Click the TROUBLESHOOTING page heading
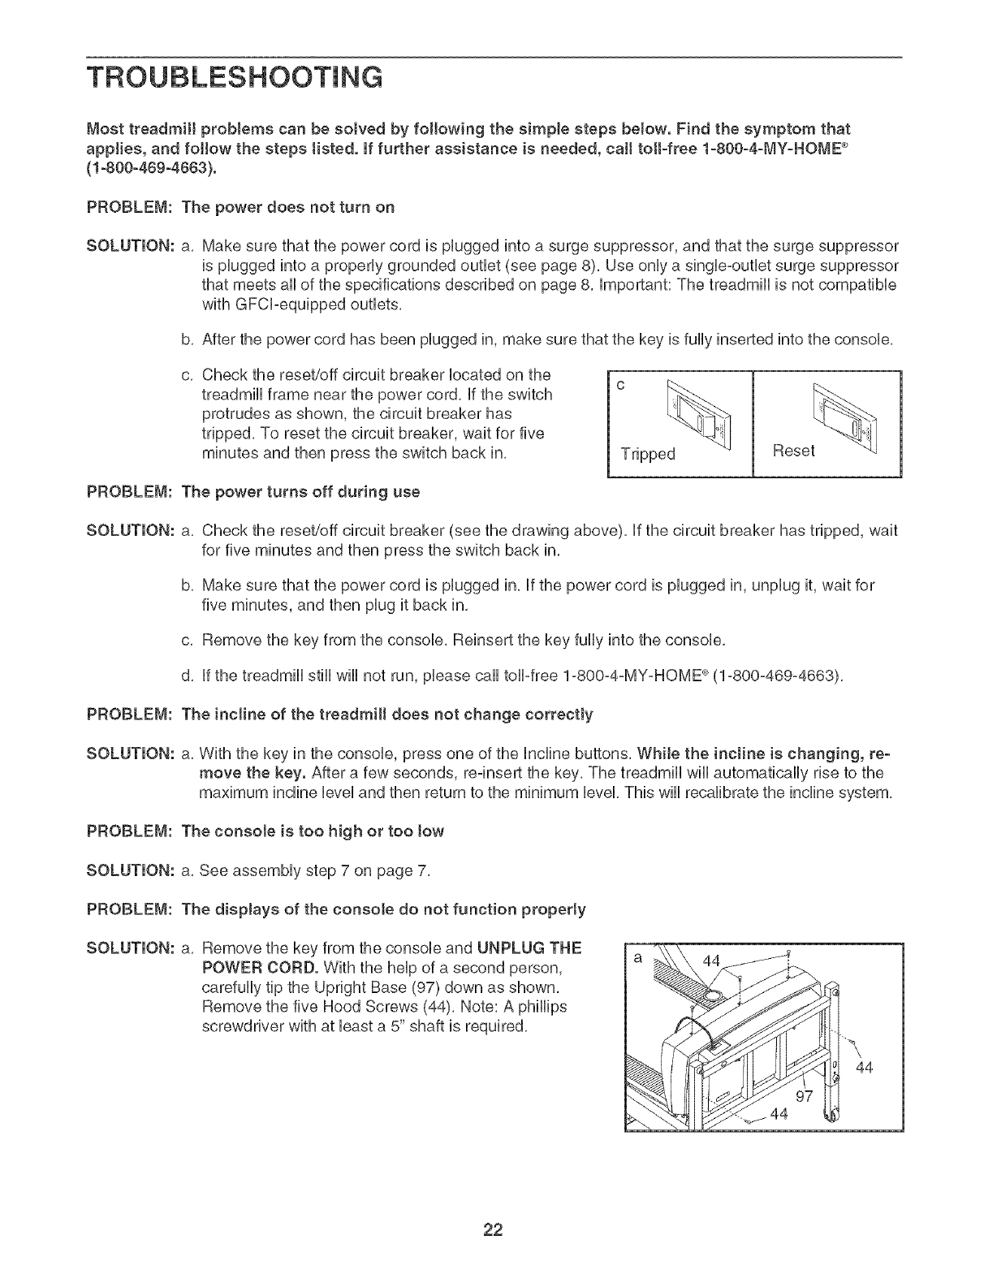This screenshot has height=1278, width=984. [235, 78]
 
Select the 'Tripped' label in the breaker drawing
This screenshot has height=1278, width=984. [648, 453]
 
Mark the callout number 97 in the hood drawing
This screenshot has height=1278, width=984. [804, 1097]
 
